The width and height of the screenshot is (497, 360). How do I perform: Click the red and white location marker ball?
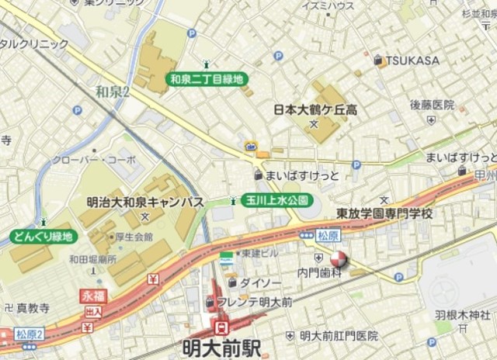point(339,260)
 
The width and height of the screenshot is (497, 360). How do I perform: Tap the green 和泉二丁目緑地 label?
point(207,78)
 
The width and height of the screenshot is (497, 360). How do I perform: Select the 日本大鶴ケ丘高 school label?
point(315,110)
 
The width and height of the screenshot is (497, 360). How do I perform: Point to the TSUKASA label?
point(411,61)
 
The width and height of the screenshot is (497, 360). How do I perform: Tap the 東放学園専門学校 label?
point(384,213)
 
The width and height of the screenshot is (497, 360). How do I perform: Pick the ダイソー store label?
point(255,282)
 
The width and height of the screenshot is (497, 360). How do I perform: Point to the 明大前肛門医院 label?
point(339,335)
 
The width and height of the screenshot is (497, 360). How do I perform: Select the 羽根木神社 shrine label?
point(462,315)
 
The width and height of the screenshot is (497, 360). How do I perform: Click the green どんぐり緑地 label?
point(41,236)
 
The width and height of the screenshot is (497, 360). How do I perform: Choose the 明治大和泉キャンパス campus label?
point(145,202)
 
